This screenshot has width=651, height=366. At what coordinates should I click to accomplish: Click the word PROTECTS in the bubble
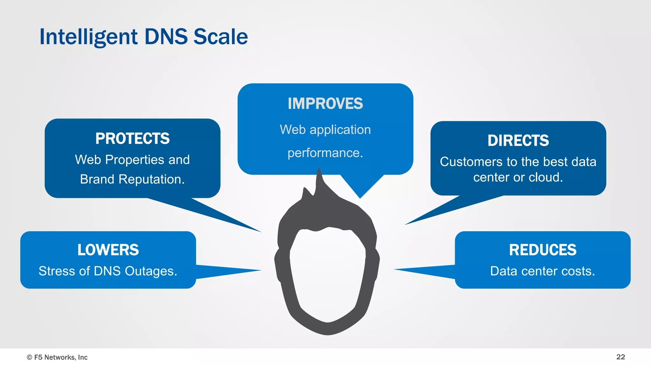(x=133, y=139)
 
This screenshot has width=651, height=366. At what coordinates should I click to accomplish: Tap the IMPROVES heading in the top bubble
(x=325, y=104)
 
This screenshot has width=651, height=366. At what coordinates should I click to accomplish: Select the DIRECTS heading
(x=518, y=141)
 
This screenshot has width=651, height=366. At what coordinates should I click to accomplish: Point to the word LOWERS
(x=108, y=250)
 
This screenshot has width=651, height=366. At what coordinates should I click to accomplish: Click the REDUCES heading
(x=543, y=250)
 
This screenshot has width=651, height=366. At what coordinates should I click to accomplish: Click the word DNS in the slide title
(x=166, y=37)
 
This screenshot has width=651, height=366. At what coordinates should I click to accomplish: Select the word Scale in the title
(x=221, y=37)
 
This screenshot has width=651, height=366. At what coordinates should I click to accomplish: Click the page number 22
(x=620, y=357)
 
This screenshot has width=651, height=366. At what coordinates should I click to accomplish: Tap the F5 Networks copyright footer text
(x=57, y=357)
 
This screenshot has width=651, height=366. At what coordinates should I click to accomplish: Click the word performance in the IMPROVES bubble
(x=324, y=153)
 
